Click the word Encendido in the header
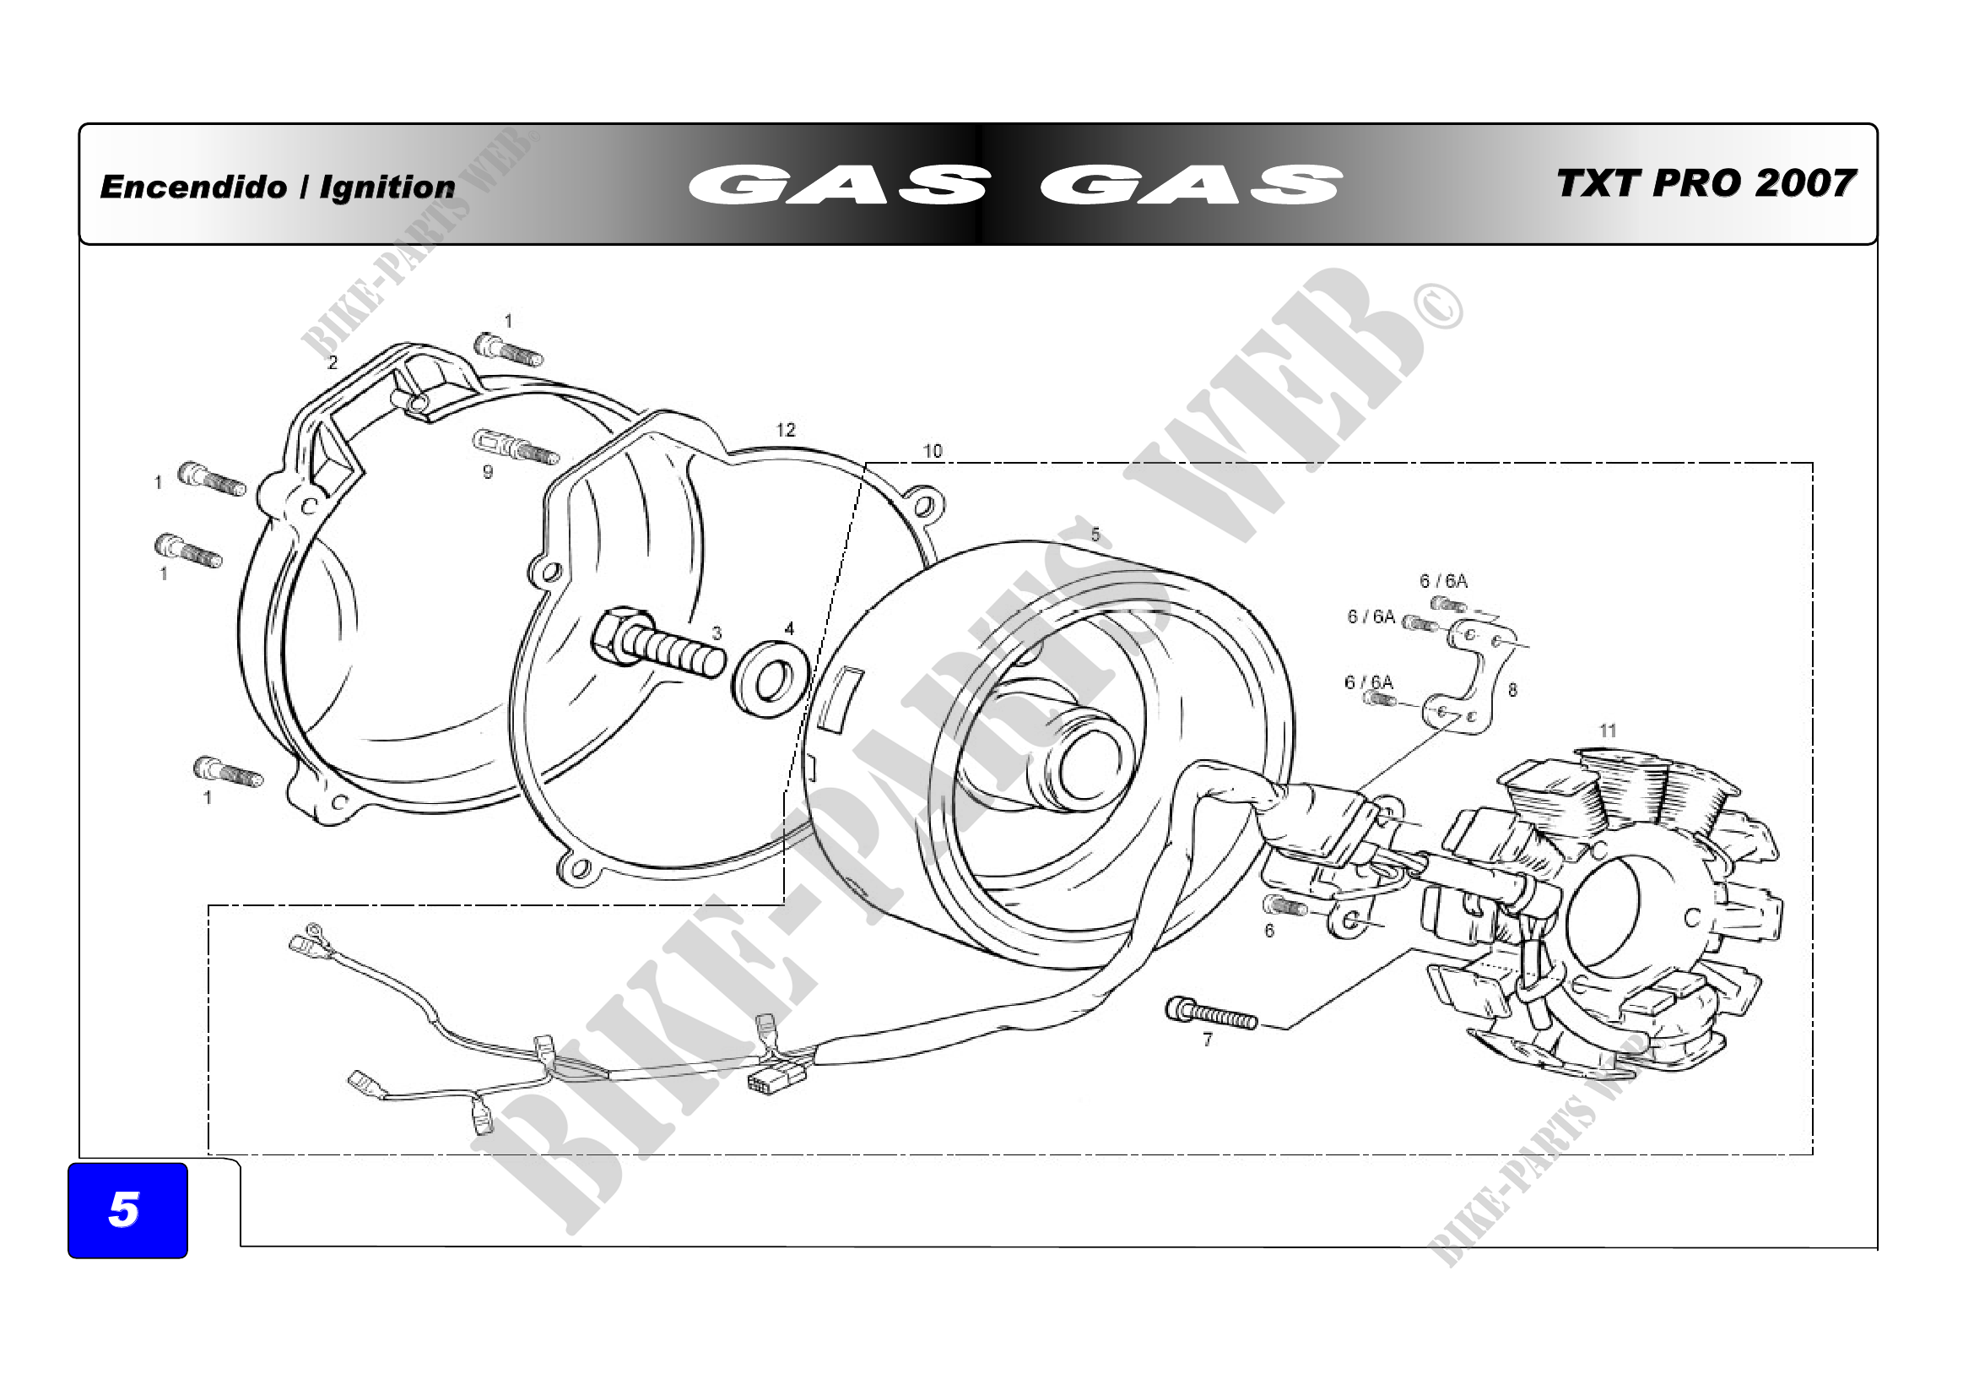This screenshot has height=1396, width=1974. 193,187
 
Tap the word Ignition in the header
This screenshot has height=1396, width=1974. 387,187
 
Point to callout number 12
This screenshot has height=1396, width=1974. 786,429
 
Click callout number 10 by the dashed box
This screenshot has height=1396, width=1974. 933,451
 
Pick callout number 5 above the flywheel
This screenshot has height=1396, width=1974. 1095,534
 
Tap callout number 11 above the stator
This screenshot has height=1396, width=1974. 1608,731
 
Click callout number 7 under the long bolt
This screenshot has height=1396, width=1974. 1208,1040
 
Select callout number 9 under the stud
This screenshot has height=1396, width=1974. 488,472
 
